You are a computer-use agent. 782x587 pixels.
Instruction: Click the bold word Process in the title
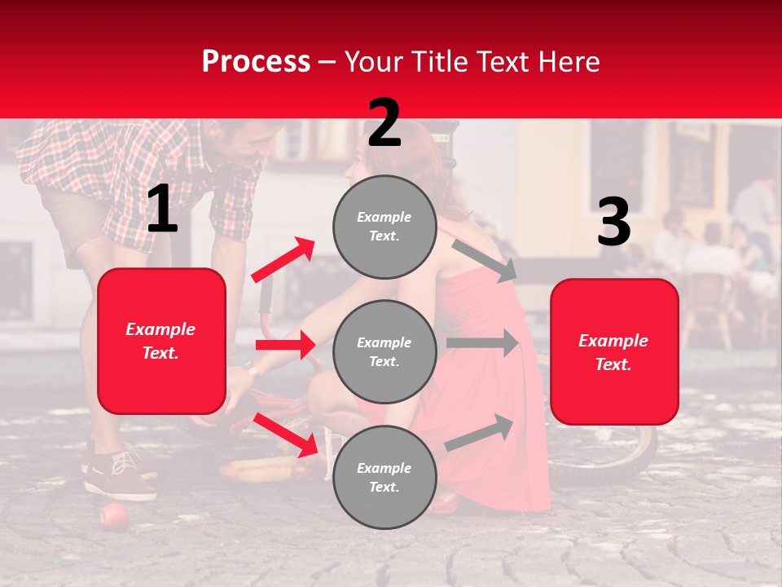click(x=256, y=62)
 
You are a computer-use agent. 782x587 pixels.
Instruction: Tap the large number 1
click(x=162, y=209)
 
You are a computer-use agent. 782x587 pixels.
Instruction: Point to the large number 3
click(x=613, y=222)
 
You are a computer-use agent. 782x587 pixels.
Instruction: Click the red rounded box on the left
click(x=161, y=341)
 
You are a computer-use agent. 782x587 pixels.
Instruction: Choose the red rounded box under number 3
click(x=614, y=351)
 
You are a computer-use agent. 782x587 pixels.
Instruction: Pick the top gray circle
click(x=384, y=227)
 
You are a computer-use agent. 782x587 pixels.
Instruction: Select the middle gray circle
click(x=384, y=351)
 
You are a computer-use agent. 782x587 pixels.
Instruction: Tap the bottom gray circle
click(x=384, y=477)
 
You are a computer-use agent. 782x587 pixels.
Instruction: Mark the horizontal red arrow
click(x=285, y=345)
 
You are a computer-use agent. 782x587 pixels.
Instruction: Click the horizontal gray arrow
click(x=482, y=342)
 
